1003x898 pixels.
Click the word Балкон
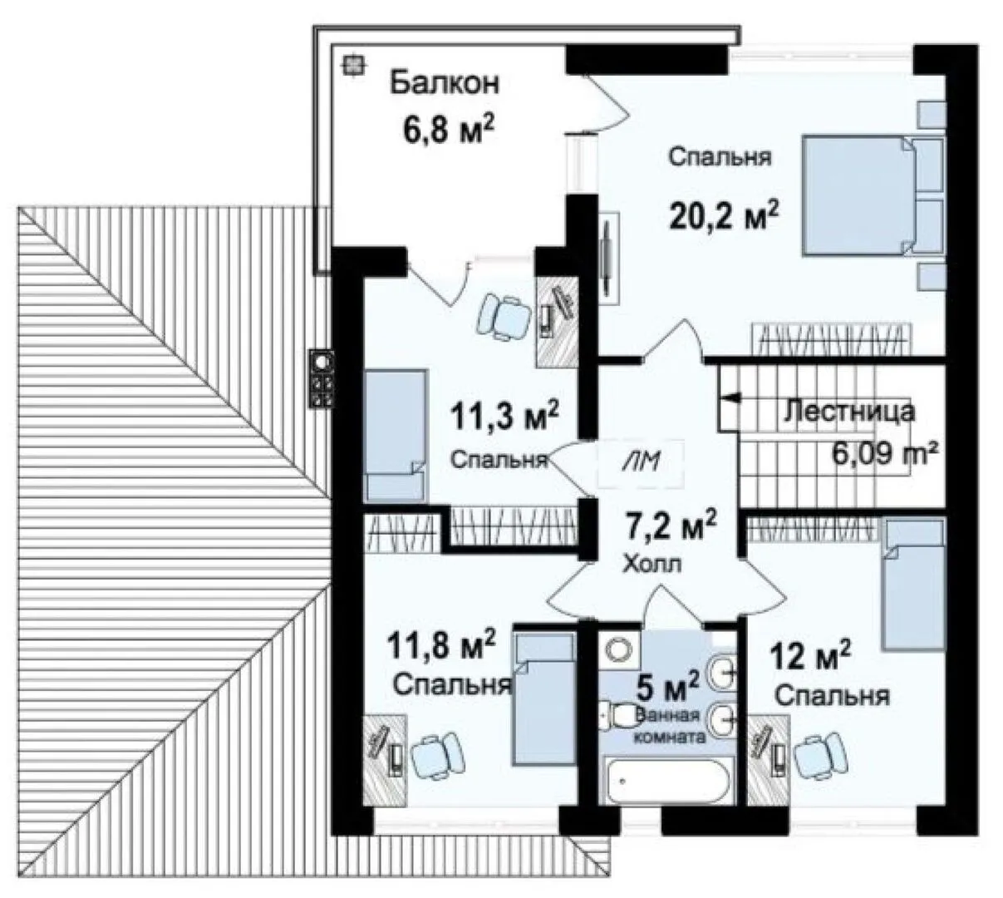point(444,82)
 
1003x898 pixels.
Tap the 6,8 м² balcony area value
point(449,129)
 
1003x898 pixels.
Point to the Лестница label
point(848,412)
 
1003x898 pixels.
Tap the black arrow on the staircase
point(730,397)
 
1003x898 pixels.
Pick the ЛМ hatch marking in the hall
point(641,462)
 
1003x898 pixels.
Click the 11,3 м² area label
point(504,417)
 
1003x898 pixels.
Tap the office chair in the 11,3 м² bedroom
point(504,317)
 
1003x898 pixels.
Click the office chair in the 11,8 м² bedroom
point(438,753)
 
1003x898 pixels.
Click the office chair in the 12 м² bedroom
point(820,753)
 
